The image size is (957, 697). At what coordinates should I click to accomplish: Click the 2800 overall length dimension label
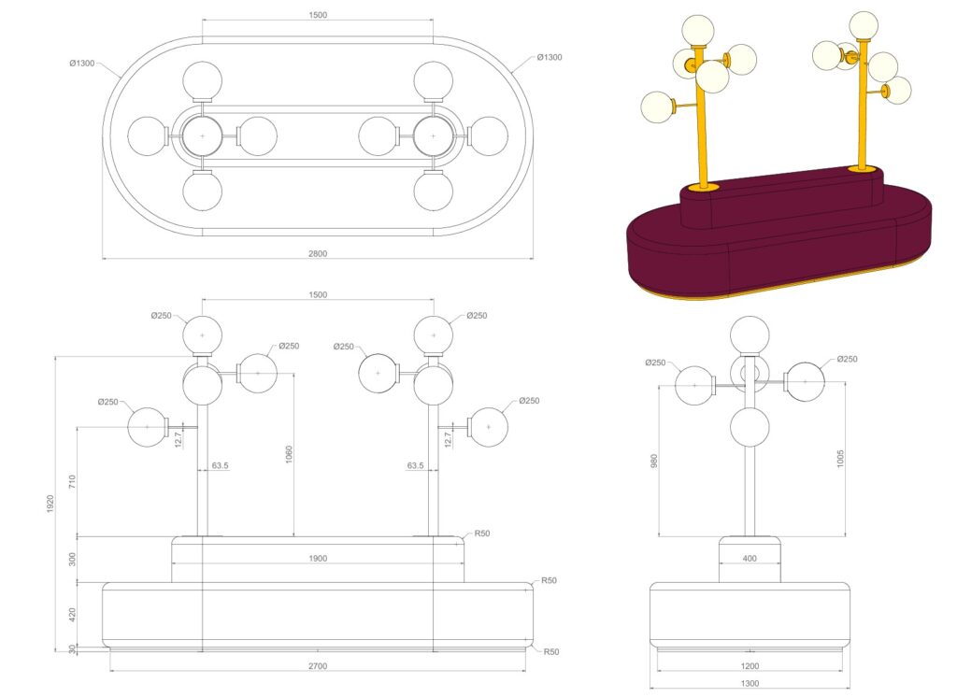coord(318,253)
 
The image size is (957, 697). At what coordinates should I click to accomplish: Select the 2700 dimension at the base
coord(318,666)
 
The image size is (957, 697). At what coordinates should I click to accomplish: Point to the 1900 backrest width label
coord(318,558)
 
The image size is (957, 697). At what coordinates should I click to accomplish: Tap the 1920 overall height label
coord(50,505)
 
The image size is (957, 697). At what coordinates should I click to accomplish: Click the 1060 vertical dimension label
coord(289,455)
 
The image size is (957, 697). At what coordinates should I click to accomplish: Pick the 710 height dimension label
coord(72,481)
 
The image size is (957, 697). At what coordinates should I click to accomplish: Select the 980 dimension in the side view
coord(653,461)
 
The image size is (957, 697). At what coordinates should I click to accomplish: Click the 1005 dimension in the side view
coord(840,459)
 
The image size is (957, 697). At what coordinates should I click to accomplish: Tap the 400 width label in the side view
coord(750,559)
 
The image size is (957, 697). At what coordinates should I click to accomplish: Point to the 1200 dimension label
coord(750,666)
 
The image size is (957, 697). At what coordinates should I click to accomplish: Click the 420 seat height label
coord(72,615)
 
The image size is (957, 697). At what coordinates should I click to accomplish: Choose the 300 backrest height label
coord(72,559)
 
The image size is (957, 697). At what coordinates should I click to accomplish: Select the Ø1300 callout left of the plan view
coord(82,63)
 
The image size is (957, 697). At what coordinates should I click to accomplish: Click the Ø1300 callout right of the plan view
coord(550,57)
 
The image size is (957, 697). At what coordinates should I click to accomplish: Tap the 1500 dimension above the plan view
coord(318,15)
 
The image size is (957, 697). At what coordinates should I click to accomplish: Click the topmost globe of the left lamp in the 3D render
coord(697,31)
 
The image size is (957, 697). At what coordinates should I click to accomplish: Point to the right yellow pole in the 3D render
coord(863,104)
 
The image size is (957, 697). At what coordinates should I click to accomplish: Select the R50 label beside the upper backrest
coord(482,533)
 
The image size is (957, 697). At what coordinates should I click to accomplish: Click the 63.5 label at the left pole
coord(220,465)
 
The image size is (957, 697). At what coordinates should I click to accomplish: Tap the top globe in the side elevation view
coord(750,335)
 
